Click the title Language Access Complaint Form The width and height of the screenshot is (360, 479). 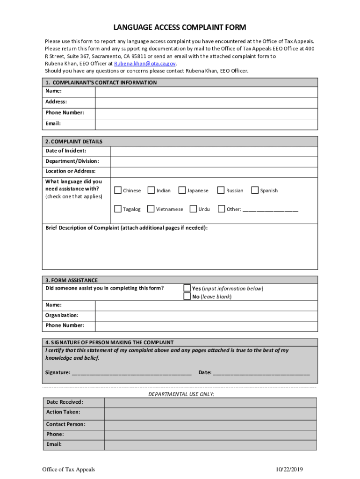(x=180, y=28)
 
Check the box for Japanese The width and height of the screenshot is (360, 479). (x=182, y=190)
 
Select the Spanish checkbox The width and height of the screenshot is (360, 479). (x=255, y=190)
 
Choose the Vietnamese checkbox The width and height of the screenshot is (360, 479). (x=151, y=209)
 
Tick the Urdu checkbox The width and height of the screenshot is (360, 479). (x=194, y=209)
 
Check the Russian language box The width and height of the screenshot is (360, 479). (x=221, y=190)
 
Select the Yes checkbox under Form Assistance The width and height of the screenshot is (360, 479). (x=187, y=288)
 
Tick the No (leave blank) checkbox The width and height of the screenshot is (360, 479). (x=187, y=296)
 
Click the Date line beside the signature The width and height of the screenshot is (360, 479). (x=261, y=373)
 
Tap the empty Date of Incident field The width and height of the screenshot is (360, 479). (x=214, y=151)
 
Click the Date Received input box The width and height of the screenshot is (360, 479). (x=210, y=403)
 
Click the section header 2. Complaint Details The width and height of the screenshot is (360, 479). (x=74, y=141)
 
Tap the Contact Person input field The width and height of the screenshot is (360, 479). (x=210, y=425)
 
